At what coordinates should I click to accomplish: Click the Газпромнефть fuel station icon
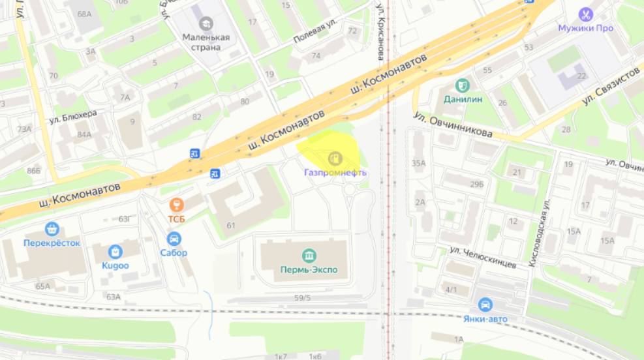pos(335,158)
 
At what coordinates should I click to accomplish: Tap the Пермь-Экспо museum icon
pos(309,255)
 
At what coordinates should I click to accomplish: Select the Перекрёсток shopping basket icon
pos(52,229)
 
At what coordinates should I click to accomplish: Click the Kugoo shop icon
pos(116,252)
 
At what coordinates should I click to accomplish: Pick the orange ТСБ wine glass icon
pos(176,205)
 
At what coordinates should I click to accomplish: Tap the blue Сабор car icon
pos(174,239)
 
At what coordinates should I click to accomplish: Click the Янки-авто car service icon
pos(485,305)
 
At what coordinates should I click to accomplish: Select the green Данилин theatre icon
pos(463,85)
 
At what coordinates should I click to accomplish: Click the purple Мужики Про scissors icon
pos(585,14)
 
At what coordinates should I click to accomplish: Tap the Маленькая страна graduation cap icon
pos(206,24)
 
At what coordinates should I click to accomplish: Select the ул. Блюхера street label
pos(72,117)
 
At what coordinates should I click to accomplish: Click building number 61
pos(230,226)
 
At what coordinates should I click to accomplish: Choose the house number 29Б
pos(476,185)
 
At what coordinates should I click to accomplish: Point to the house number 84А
pos(84,134)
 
